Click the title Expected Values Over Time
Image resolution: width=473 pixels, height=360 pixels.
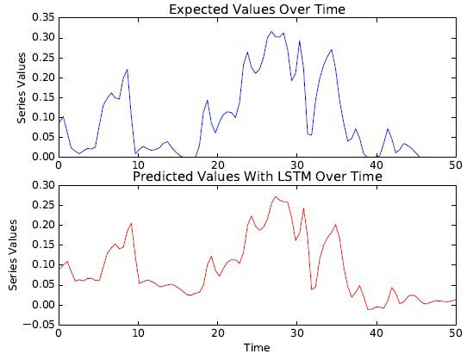pyautogui.click(x=257, y=9)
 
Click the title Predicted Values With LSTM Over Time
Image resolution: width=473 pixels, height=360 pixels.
pyautogui.click(x=257, y=177)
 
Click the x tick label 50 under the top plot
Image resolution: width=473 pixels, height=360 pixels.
pyautogui.click(x=455, y=164)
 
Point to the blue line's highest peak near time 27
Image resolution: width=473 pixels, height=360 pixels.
pyautogui.click(x=271, y=32)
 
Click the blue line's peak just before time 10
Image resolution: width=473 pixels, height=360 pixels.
pyautogui.click(x=128, y=69)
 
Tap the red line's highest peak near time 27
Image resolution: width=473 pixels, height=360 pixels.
pyautogui.click(x=276, y=196)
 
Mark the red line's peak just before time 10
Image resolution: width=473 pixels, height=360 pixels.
pyautogui.click(x=131, y=224)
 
